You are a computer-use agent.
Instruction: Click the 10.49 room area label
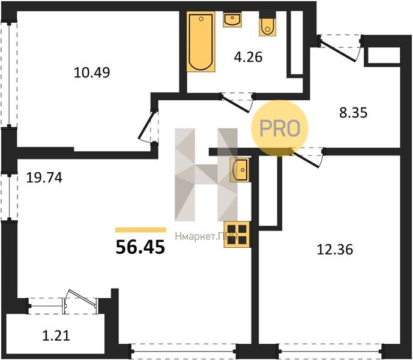coord(92,73)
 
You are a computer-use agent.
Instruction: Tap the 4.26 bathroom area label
coord(248,57)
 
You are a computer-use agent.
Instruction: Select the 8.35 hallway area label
coord(353,113)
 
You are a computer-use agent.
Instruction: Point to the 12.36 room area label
coord(335,250)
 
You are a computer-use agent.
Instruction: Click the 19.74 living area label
coord(44,178)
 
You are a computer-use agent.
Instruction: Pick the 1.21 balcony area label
coord(56,336)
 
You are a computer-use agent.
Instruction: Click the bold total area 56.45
coord(140,247)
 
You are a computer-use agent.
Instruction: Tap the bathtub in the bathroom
coord(201,41)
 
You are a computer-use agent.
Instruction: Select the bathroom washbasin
coord(232,19)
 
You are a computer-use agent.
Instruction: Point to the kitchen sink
coord(239,170)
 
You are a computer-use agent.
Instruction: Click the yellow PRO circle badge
coord(280,128)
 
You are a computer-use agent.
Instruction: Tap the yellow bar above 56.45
coord(140,230)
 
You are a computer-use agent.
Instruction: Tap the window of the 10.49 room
coord(9,74)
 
